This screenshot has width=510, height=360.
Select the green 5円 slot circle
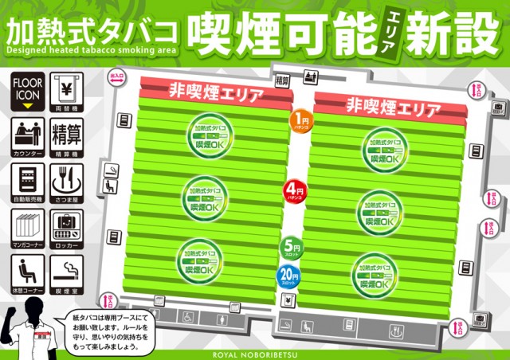[290, 248]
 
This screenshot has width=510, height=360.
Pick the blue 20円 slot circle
[288, 276]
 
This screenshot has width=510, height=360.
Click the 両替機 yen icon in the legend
[68, 89]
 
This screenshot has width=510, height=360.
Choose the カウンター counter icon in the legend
[27, 134]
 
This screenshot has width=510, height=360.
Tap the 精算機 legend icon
[68, 134]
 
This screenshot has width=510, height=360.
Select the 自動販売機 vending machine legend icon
[27, 180]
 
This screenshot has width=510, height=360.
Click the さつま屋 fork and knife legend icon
[68, 180]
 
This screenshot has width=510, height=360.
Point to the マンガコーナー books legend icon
[27, 227]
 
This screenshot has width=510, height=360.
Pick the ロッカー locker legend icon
[68, 227]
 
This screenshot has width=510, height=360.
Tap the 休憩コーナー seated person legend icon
[27, 273]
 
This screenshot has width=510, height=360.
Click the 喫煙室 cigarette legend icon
[68, 273]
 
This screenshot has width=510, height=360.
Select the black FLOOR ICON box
[27, 89]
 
